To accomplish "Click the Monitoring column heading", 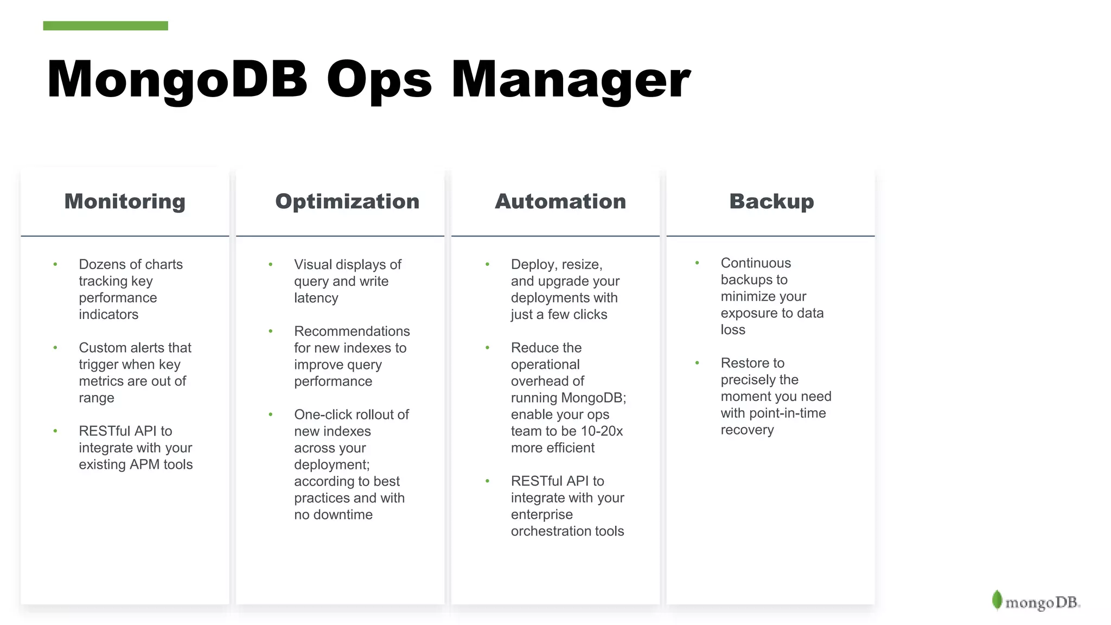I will click(x=125, y=201).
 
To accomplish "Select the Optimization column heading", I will click(x=347, y=201).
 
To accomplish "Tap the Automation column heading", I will click(x=560, y=201).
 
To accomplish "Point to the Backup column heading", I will click(x=771, y=201).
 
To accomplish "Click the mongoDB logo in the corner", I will click(x=1036, y=601).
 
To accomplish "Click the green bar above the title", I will click(x=105, y=26).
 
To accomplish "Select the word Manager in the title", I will click(x=571, y=80).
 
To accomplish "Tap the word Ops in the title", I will click(x=379, y=80).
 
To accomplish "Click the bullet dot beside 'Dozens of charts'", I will click(x=55, y=264).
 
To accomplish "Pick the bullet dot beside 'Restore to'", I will click(x=697, y=362).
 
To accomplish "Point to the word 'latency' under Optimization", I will click(x=316, y=298).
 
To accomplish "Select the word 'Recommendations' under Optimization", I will click(x=352, y=331).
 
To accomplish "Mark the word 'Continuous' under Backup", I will click(x=756, y=263).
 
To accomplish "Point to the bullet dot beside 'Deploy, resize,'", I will click(x=487, y=264).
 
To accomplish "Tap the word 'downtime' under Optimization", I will click(x=345, y=515).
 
